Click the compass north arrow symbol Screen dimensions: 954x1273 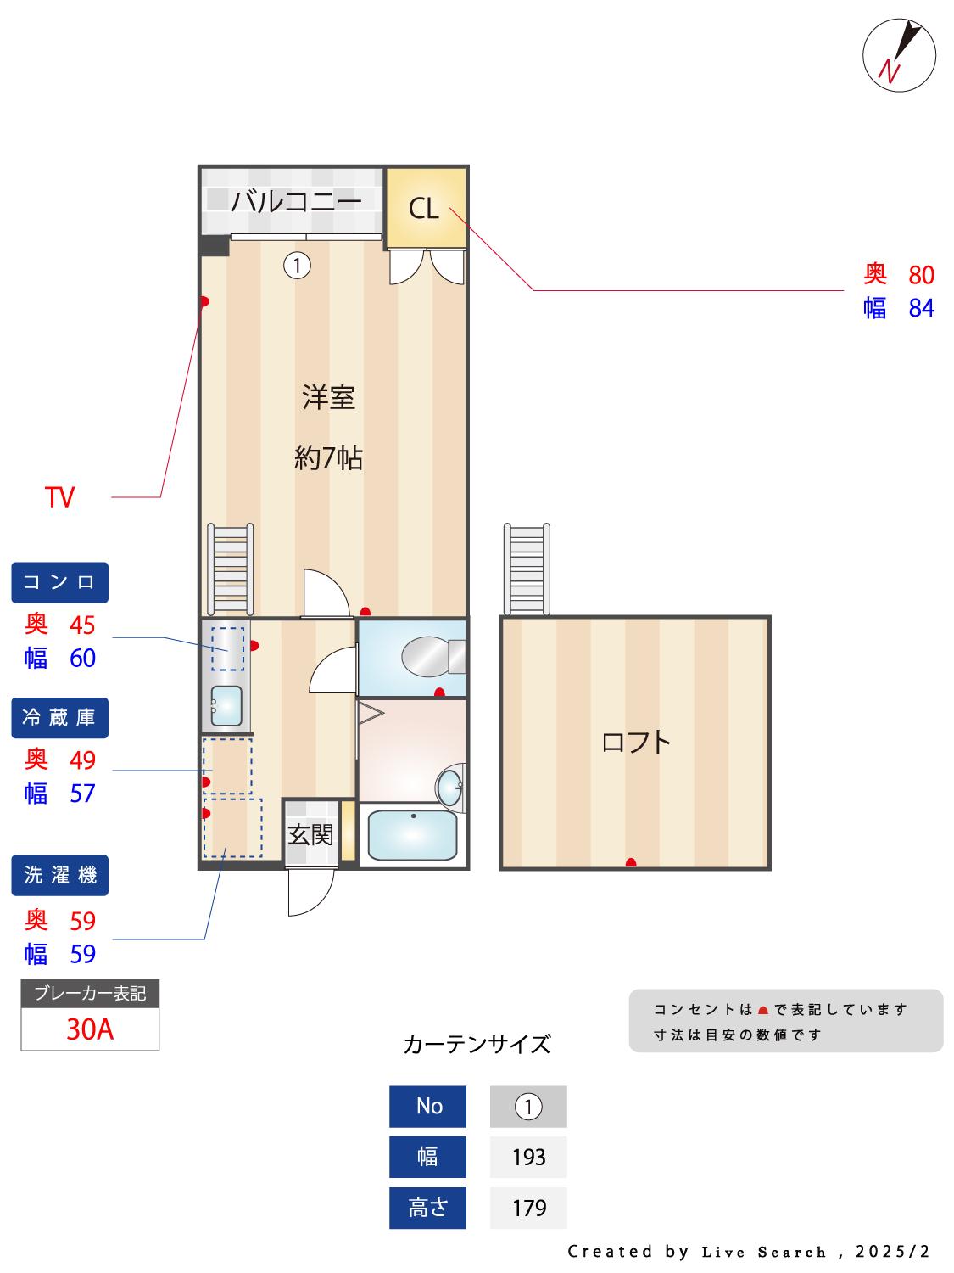[898, 55]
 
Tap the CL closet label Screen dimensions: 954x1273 [423, 209]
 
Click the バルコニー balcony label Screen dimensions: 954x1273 [296, 202]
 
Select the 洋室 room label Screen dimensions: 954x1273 [328, 398]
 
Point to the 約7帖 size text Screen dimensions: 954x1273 [328, 457]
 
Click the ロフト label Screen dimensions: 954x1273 [635, 743]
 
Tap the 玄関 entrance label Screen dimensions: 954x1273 [310, 835]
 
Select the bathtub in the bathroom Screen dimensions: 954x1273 [412, 834]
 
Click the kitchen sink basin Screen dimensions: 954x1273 [226, 706]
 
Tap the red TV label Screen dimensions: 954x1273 [59, 497]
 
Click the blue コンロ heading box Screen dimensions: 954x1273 [59, 582]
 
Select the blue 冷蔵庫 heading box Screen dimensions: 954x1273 [59, 717]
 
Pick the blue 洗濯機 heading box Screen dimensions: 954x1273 [59, 875]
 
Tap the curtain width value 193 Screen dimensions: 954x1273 [528, 1157]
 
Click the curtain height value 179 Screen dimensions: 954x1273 [528, 1208]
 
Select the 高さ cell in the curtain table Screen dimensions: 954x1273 [427, 1208]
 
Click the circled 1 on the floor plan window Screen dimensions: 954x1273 [297, 266]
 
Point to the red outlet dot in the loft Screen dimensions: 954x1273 [631, 862]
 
